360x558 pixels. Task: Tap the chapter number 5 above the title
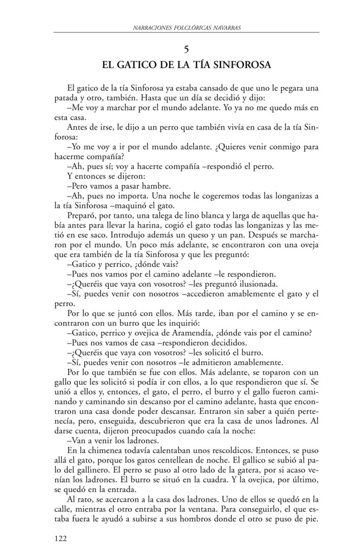click(x=186, y=49)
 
